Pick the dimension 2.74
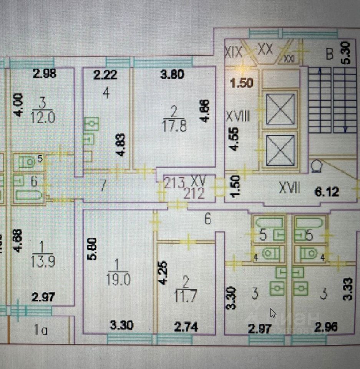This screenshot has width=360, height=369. [x=186, y=327]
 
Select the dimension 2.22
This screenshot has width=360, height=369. [x=105, y=75]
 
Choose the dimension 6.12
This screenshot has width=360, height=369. [x=327, y=191]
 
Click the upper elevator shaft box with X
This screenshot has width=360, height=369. [x=280, y=109]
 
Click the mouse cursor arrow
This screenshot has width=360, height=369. [x=273, y=313]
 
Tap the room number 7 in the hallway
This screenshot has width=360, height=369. [x=102, y=185]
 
